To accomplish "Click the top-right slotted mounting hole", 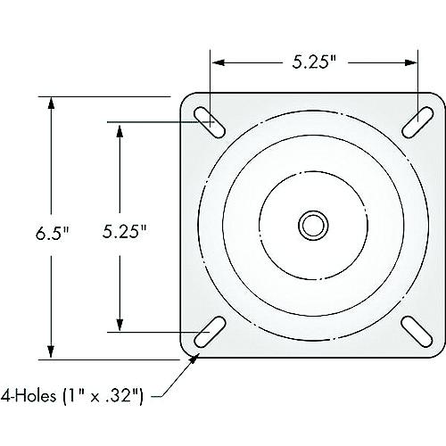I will (x=413, y=123).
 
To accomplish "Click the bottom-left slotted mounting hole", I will (x=211, y=331).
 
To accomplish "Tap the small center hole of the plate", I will (x=312, y=223).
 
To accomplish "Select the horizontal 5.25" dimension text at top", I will (x=315, y=62).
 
